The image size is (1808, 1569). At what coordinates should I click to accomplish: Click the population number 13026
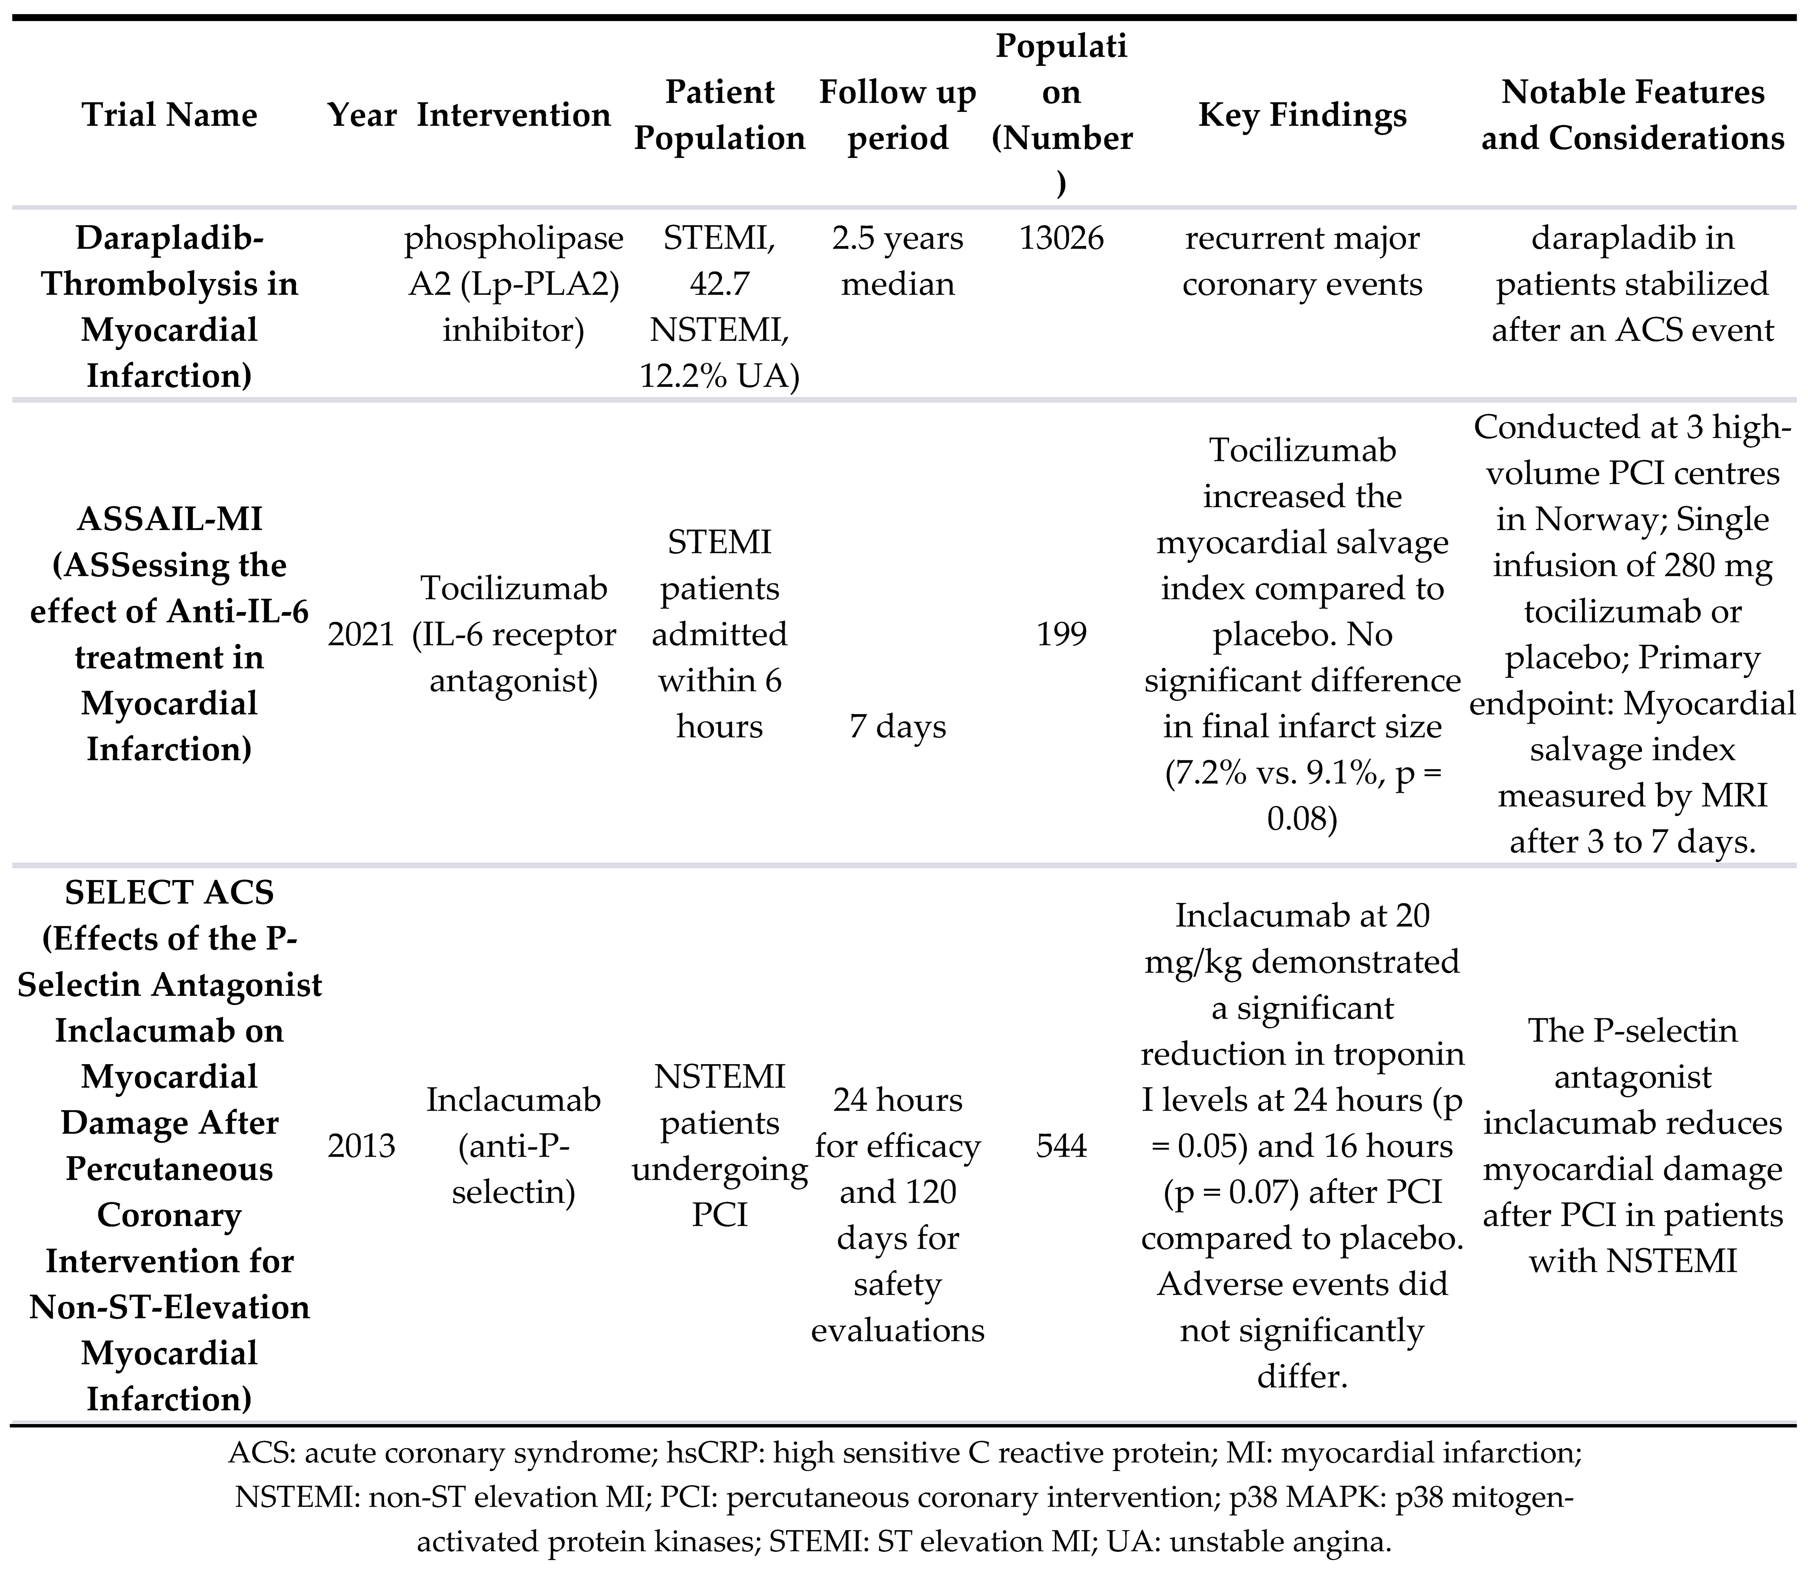pyautogui.click(x=1062, y=238)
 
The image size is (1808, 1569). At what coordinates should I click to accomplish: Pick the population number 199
pyautogui.click(x=1062, y=634)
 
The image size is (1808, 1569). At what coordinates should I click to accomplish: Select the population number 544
pyautogui.click(x=1062, y=1145)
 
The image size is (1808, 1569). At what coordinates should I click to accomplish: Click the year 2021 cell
pyautogui.click(x=361, y=634)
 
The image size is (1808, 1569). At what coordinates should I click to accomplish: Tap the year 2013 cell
pyautogui.click(x=361, y=1145)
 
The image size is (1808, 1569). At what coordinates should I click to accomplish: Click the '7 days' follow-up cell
pyautogui.click(x=898, y=727)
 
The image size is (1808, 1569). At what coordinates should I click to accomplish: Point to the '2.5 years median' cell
pyautogui.click(x=898, y=261)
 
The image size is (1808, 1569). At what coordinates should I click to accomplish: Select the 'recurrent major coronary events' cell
pyautogui.click(x=1302, y=261)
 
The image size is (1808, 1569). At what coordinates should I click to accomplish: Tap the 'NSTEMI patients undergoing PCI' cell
pyautogui.click(x=719, y=1145)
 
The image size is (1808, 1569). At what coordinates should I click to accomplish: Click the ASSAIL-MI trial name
pyautogui.click(x=170, y=519)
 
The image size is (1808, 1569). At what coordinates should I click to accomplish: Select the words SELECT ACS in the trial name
pyautogui.click(x=170, y=892)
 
